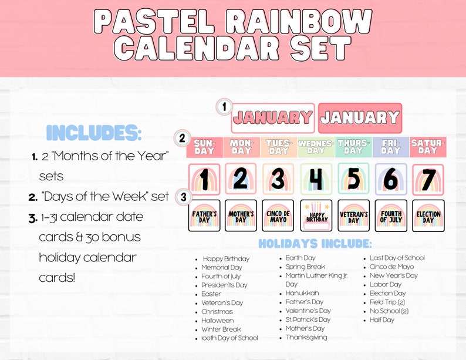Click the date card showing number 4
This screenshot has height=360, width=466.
[316, 180]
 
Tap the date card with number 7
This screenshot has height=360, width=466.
[428, 180]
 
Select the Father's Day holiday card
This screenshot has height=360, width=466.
[204, 216]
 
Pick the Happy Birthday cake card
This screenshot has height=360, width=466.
[316, 216]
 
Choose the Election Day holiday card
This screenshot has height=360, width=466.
[428, 216]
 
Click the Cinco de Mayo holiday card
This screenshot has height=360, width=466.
[278, 216]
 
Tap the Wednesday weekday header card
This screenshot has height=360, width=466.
[316, 147]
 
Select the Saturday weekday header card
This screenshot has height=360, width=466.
[428, 147]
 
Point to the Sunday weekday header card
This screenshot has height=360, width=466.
[204, 147]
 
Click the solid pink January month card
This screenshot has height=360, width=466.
[360, 118]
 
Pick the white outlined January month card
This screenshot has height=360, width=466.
[273, 118]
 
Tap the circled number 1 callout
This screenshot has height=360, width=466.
[224, 107]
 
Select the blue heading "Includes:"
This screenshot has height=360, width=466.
[94, 133]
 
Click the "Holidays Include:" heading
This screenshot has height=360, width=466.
[315, 243]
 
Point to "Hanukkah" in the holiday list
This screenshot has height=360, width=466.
[302, 293]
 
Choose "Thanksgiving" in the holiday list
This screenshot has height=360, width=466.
[306, 338]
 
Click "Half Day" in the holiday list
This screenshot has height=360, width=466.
[382, 320]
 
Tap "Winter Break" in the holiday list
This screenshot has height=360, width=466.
[221, 329]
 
